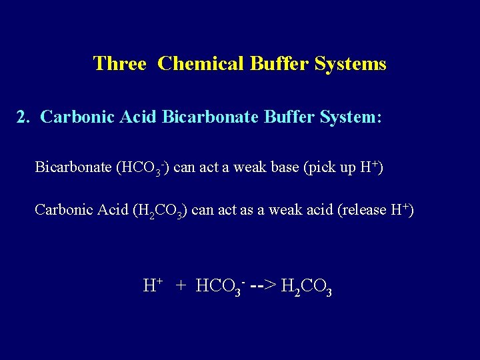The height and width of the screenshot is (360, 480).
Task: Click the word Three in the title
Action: coord(119,64)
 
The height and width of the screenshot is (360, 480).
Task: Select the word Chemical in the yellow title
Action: coord(202,64)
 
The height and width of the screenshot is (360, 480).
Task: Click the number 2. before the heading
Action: coord(24,117)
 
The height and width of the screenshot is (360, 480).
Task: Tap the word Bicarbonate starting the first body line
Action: coord(73,167)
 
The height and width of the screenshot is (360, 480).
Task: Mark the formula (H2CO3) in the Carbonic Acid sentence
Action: coord(161,210)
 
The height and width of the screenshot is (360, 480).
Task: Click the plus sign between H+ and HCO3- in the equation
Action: coord(181,286)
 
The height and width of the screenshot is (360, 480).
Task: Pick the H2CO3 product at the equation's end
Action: coord(307,287)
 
